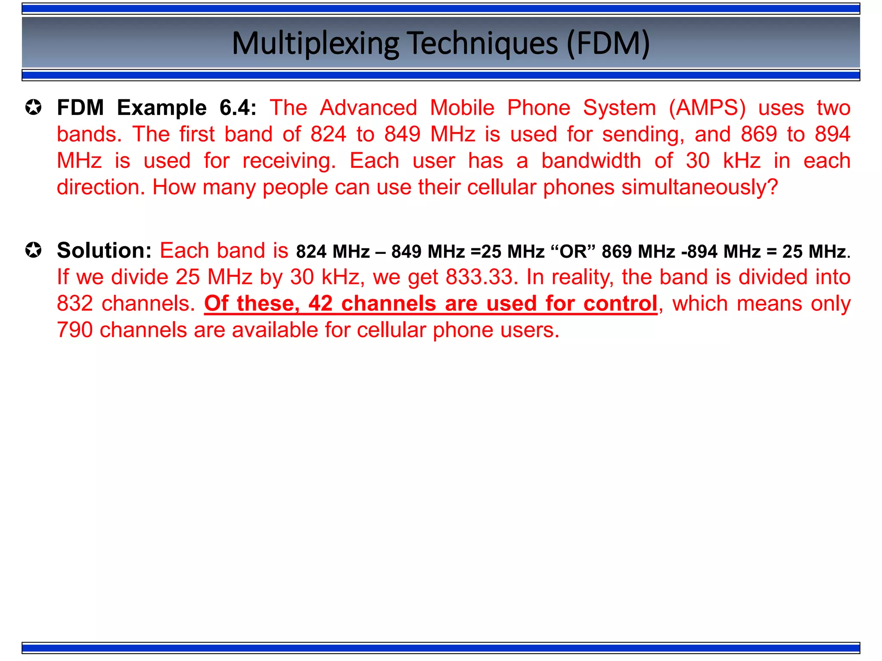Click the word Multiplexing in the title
click(x=315, y=44)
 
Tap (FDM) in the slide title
click(x=608, y=44)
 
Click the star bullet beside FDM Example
click(x=34, y=108)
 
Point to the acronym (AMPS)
click(x=707, y=108)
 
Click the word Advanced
click(x=369, y=108)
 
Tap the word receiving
click(x=289, y=161)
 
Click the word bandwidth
click(x=591, y=161)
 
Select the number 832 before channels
click(x=75, y=304)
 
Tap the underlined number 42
click(x=320, y=304)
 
